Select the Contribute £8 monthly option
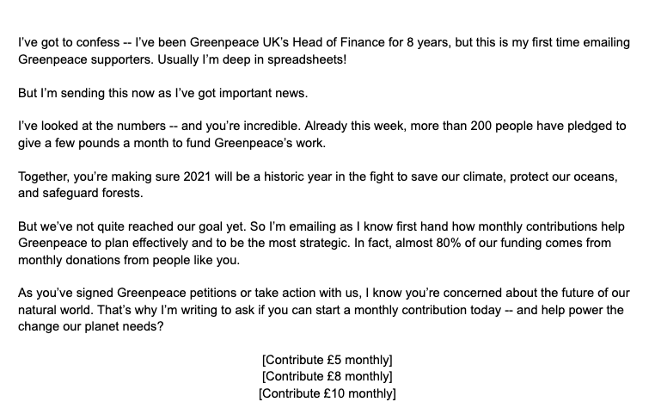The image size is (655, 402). click(327, 378)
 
